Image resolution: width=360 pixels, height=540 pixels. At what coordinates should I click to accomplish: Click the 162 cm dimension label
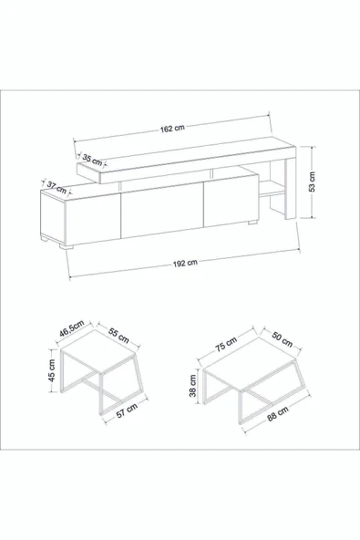coord(172,129)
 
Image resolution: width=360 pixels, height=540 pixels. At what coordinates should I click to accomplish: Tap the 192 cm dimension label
coord(185,263)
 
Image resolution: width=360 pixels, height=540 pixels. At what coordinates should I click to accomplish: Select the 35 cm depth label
coord(92,161)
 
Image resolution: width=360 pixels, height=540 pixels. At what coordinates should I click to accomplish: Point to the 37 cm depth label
coord(57,188)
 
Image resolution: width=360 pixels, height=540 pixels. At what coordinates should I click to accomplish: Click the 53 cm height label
coord(312,182)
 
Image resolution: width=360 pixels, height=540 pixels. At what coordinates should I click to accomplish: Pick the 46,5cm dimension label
coord(72,329)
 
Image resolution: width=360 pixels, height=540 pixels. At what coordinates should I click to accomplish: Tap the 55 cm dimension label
coord(118,335)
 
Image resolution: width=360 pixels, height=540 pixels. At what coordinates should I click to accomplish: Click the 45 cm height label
coord(52,370)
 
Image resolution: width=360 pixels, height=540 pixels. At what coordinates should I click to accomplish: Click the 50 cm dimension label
coord(283,339)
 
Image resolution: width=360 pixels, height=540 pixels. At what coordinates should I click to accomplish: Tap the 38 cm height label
coord(192,386)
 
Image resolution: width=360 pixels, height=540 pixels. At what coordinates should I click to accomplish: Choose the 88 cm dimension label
coord(278,412)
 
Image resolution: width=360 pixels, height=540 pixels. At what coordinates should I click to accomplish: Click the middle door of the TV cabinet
coord(162,210)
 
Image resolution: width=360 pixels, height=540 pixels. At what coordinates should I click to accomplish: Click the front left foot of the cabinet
coord(67,246)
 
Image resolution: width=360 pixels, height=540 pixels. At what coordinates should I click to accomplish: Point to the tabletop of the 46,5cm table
coord(98,350)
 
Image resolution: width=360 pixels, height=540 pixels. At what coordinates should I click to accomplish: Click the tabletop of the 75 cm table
coord(250,363)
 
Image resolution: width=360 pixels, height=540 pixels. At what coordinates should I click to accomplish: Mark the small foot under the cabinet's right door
coord(252,223)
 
